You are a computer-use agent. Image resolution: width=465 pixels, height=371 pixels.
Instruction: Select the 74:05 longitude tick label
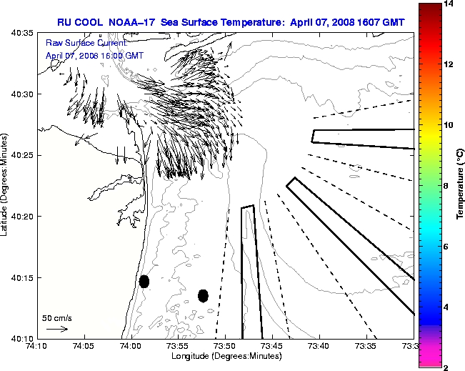click(84, 347)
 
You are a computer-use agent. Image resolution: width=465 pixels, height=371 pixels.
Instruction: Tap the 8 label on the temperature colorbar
click(446, 185)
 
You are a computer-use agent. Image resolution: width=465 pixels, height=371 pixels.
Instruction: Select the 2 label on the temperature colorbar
click(446, 367)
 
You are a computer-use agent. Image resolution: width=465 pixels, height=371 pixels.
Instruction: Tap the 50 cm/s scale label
click(56, 317)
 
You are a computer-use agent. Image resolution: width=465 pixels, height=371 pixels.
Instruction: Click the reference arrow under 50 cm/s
click(56, 329)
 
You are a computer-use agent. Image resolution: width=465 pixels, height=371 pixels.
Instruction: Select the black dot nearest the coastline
click(144, 281)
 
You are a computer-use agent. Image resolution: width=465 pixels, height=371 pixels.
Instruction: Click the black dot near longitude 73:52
click(203, 295)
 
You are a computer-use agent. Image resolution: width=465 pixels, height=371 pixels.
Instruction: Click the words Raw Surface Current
click(77, 44)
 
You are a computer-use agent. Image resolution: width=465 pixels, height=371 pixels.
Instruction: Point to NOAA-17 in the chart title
click(132, 22)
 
